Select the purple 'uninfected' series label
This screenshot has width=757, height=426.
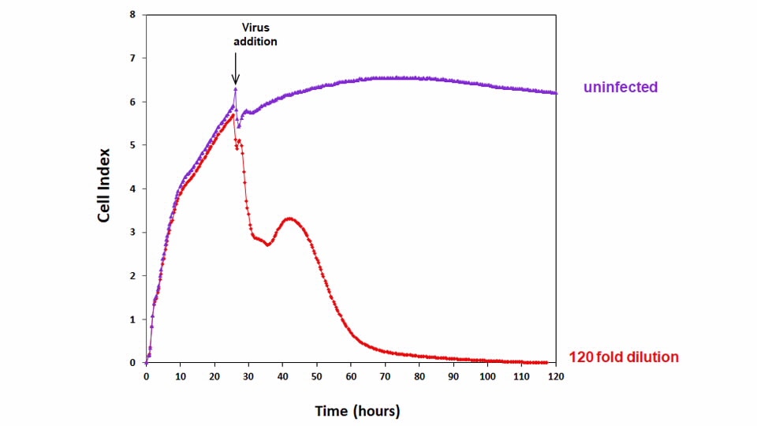pyautogui.click(x=620, y=87)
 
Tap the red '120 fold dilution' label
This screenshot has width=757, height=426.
pyautogui.click(x=623, y=357)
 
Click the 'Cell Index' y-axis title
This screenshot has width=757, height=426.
pyautogui.click(x=104, y=189)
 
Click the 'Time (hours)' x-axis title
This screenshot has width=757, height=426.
pyautogui.click(x=357, y=411)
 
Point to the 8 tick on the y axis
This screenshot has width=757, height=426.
pyautogui.click(x=132, y=15)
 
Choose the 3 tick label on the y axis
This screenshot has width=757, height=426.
pyautogui.click(x=132, y=233)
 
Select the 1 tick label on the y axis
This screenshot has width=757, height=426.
pyautogui.click(x=132, y=319)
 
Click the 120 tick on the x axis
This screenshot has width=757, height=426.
pyautogui.click(x=557, y=378)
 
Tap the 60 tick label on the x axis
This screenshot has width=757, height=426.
pyautogui.click(x=352, y=378)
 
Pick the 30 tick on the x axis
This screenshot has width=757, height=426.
pyautogui.click(x=249, y=378)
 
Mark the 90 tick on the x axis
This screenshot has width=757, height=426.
pyautogui.click(x=454, y=378)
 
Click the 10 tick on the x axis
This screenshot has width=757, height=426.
pyautogui.click(x=181, y=378)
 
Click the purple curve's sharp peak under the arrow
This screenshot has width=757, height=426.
pyautogui.click(x=235, y=89)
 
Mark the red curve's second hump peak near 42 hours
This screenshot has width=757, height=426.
pyautogui.click(x=289, y=219)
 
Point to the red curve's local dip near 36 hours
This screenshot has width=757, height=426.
pyautogui.click(x=268, y=245)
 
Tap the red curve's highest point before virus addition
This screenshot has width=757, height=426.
pyautogui.click(x=233, y=115)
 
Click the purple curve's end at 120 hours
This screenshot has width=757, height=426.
pyautogui.click(x=556, y=93)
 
